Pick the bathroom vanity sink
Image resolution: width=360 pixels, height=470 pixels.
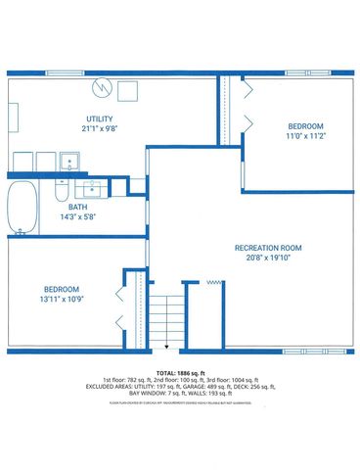[95, 187]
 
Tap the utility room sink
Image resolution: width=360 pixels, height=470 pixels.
[70, 161]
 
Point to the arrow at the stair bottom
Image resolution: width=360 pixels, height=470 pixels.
[165, 346]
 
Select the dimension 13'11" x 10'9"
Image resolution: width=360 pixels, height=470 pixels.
[62, 299]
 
